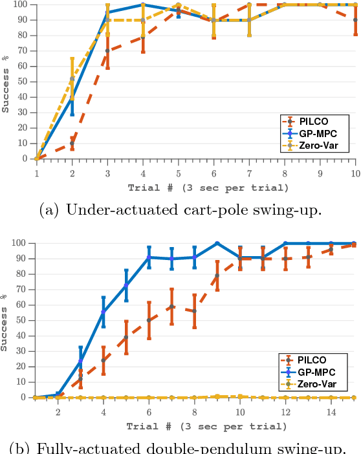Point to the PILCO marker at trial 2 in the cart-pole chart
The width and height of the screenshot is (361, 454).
(x=72, y=143)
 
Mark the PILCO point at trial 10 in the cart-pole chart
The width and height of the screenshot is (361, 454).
(x=355, y=20)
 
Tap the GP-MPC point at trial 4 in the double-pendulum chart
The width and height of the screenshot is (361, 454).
(x=104, y=312)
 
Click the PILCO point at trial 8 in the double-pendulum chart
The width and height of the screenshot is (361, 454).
(x=194, y=311)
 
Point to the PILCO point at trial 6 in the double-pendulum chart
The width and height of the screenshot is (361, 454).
(x=149, y=320)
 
